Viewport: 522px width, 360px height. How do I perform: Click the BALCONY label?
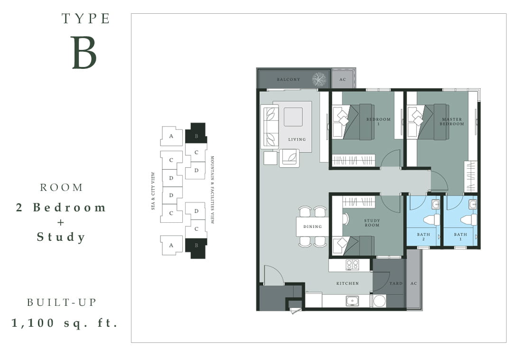[289, 79]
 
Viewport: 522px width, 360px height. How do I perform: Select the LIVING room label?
[297, 139]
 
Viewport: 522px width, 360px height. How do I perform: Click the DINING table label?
[313, 227]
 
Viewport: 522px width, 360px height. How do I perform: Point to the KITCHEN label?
[347, 284]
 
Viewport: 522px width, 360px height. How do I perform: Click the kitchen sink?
[352, 301]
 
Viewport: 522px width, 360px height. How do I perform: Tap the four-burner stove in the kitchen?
[353, 265]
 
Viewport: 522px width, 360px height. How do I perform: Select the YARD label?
[396, 284]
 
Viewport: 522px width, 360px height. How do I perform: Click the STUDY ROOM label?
[372, 223]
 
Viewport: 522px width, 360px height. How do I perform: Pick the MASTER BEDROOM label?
[452, 121]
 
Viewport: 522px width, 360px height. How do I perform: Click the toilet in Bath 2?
[431, 219]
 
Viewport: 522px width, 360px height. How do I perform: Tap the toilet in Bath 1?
[468, 219]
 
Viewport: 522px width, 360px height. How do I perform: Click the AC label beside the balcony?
[343, 79]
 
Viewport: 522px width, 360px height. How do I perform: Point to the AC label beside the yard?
[413, 284]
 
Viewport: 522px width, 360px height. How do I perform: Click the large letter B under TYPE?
[84, 52]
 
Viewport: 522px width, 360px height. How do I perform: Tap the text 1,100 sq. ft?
[65, 322]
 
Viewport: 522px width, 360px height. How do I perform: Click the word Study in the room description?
[61, 237]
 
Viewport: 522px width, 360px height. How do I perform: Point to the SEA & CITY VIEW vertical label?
[153, 191]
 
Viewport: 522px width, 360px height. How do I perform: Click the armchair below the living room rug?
[289, 158]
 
